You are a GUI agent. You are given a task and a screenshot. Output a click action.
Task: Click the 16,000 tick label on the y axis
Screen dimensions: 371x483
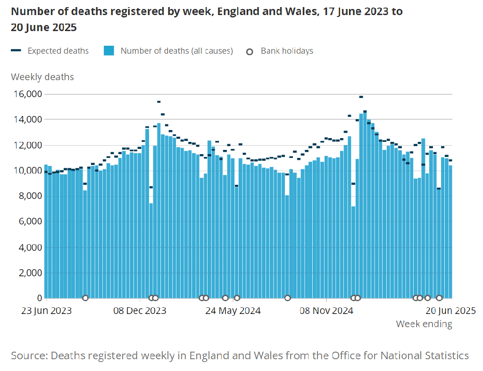click(x=26, y=94)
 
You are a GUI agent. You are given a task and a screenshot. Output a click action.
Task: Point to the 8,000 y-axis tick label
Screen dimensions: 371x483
click(x=29, y=196)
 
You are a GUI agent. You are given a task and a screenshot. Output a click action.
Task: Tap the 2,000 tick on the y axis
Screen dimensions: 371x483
click(x=29, y=272)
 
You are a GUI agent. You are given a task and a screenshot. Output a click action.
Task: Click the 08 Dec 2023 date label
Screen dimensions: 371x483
click(x=140, y=311)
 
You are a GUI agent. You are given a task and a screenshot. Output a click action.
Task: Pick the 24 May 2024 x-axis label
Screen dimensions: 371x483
click(x=233, y=311)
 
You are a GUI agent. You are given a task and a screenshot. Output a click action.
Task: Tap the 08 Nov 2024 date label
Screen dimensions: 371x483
click(x=326, y=311)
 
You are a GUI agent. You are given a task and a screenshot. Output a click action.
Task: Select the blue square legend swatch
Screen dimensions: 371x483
click(x=109, y=51)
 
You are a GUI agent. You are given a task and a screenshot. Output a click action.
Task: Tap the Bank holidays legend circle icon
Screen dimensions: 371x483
click(x=250, y=51)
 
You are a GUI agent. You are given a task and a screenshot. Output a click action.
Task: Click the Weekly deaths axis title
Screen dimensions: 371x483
click(x=42, y=77)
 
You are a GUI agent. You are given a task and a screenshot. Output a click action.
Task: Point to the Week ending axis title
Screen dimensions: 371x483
click(x=424, y=324)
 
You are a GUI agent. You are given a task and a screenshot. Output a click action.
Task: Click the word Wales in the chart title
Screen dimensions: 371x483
click(x=296, y=12)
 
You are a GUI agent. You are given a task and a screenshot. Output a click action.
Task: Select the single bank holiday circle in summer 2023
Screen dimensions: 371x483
click(x=85, y=298)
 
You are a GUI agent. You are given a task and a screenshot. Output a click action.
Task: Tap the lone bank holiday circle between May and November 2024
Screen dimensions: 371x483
click(x=287, y=298)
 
